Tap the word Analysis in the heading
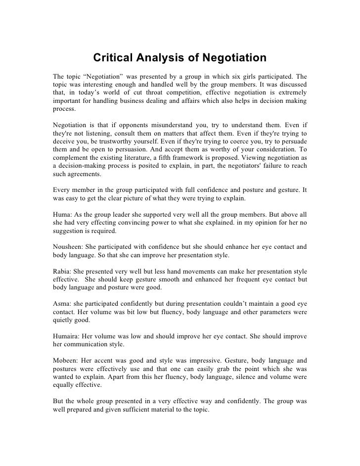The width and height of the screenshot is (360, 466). pos(160,59)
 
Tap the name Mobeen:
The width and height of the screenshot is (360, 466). pos(66,360)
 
